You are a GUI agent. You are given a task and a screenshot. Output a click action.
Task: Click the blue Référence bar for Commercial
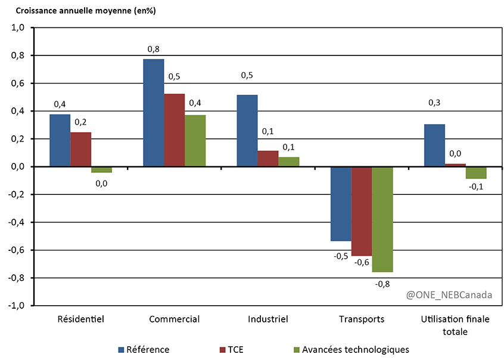pyautogui.click(x=153, y=113)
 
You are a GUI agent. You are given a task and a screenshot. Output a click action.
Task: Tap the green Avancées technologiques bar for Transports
pyautogui.click(x=382, y=219)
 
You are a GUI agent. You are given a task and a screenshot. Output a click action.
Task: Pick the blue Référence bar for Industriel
pyautogui.click(x=247, y=131)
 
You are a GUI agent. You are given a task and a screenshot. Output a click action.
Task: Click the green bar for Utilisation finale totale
pyautogui.click(x=476, y=173)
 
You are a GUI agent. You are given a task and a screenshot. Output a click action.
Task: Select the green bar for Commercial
pyautogui.click(x=195, y=141)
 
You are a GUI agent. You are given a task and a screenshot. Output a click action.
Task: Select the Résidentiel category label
pyautogui.click(x=80, y=319)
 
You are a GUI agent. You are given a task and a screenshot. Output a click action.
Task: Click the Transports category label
pyautogui.click(x=362, y=319)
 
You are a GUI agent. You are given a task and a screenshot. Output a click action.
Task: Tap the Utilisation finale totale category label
pyautogui.click(x=455, y=325)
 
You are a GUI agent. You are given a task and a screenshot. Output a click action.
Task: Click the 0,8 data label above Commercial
pyautogui.click(x=153, y=49)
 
